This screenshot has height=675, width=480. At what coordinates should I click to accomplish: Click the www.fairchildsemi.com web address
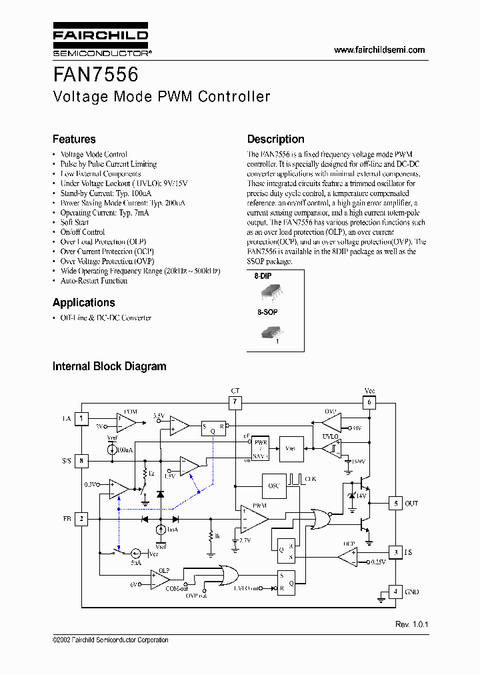coord(379,50)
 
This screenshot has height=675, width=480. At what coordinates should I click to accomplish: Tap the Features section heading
coord(74,139)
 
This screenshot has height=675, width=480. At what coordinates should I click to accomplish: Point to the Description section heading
coord(275,139)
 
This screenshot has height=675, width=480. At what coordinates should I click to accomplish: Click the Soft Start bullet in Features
coord(75,222)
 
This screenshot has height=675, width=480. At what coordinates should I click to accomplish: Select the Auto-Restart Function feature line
coord(94,281)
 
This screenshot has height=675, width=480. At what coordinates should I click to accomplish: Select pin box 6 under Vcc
coord(369,402)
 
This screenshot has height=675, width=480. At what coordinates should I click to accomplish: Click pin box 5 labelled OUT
coord(396,504)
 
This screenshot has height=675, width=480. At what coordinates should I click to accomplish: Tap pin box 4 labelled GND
coord(396,592)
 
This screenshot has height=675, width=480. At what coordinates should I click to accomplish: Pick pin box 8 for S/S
coord(81,460)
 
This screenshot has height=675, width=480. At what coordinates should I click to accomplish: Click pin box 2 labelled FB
coord(81,518)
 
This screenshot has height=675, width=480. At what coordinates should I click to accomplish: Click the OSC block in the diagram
coord(274,486)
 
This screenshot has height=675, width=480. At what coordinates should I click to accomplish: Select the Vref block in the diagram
coord(290,448)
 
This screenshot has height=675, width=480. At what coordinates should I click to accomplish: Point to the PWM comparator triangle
coord(253,518)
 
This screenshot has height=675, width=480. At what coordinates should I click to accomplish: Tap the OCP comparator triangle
coord(347,553)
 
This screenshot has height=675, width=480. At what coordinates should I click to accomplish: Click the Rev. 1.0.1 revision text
coord(411,624)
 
